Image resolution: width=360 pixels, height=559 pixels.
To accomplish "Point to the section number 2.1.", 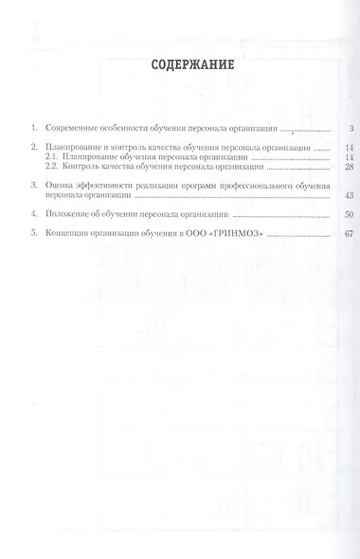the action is pyautogui.click(x=51, y=157).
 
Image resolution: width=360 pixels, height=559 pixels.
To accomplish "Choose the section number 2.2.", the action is pyautogui.click(x=51, y=167).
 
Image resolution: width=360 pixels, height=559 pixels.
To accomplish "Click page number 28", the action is pyautogui.click(x=322, y=167).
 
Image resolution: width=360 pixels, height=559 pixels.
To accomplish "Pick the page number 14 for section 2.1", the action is pyautogui.click(x=322, y=157).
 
